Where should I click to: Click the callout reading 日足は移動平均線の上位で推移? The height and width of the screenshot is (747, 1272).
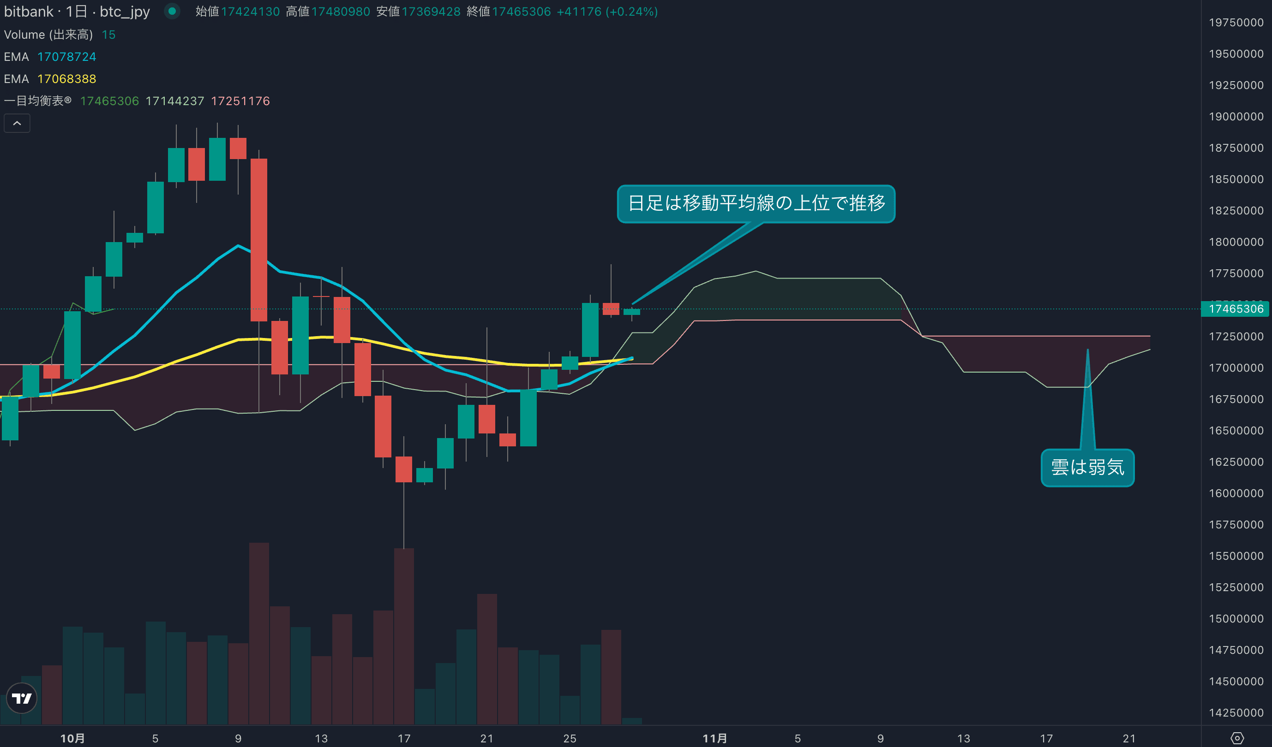click(x=756, y=203)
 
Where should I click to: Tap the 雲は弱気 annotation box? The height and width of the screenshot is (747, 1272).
click(x=1087, y=468)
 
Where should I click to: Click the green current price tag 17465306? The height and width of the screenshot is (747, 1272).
click(x=1235, y=308)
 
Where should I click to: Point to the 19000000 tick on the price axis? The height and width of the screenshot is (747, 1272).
click(x=1236, y=117)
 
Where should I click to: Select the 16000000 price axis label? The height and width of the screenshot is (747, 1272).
click(x=1236, y=493)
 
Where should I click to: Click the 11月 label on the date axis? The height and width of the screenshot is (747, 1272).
click(x=715, y=738)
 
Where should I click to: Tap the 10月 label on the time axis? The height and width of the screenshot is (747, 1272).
click(x=72, y=738)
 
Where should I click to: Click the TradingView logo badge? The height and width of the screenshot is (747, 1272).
click(x=22, y=698)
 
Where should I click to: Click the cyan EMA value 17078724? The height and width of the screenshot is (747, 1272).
click(x=66, y=57)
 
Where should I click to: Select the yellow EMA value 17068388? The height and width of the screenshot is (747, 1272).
click(x=66, y=79)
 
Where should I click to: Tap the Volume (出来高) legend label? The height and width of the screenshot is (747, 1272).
click(x=48, y=34)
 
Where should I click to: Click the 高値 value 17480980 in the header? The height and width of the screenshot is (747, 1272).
click(x=341, y=12)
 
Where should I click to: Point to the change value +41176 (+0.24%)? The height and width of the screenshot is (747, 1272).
click(x=607, y=12)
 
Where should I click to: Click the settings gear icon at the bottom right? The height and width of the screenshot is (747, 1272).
click(x=1236, y=738)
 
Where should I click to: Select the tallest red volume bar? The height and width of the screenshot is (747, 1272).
click(x=259, y=633)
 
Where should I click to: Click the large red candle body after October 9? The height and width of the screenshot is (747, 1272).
click(x=259, y=240)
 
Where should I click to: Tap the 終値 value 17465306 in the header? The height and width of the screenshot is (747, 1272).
click(x=522, y=12)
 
